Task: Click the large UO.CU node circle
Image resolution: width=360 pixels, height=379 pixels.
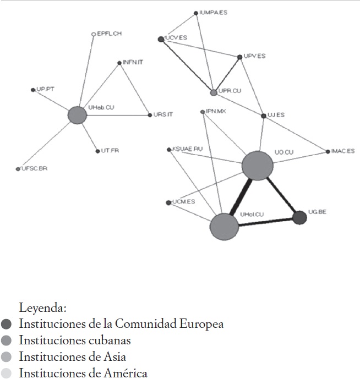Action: pyautogui.click(x=258, y=165)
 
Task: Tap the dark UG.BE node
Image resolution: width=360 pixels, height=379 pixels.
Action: pyautogui.click(x=299, y=218)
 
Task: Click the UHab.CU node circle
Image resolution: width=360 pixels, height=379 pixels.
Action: pyautogui.click(x=78, y=115)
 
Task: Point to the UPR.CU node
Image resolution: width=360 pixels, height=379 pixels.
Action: pyautogui.click(x=214, y=92)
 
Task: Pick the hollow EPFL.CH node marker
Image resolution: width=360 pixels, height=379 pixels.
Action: pyautogui.click(x=94, y=34)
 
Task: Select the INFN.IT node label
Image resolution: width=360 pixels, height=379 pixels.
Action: pyautogui.click(x=133, y=63)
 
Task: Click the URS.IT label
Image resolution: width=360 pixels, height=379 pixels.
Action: pyautogui.click(x=163, y=114)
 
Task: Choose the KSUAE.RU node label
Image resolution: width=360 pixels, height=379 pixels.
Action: pyautogui.click(x=188, y=149)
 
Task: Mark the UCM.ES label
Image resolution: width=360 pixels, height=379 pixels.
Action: pyautogui.click(x=183, y=202)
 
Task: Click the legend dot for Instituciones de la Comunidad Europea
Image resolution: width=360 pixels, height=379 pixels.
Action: pyautogui.click(x=7, y=324)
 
